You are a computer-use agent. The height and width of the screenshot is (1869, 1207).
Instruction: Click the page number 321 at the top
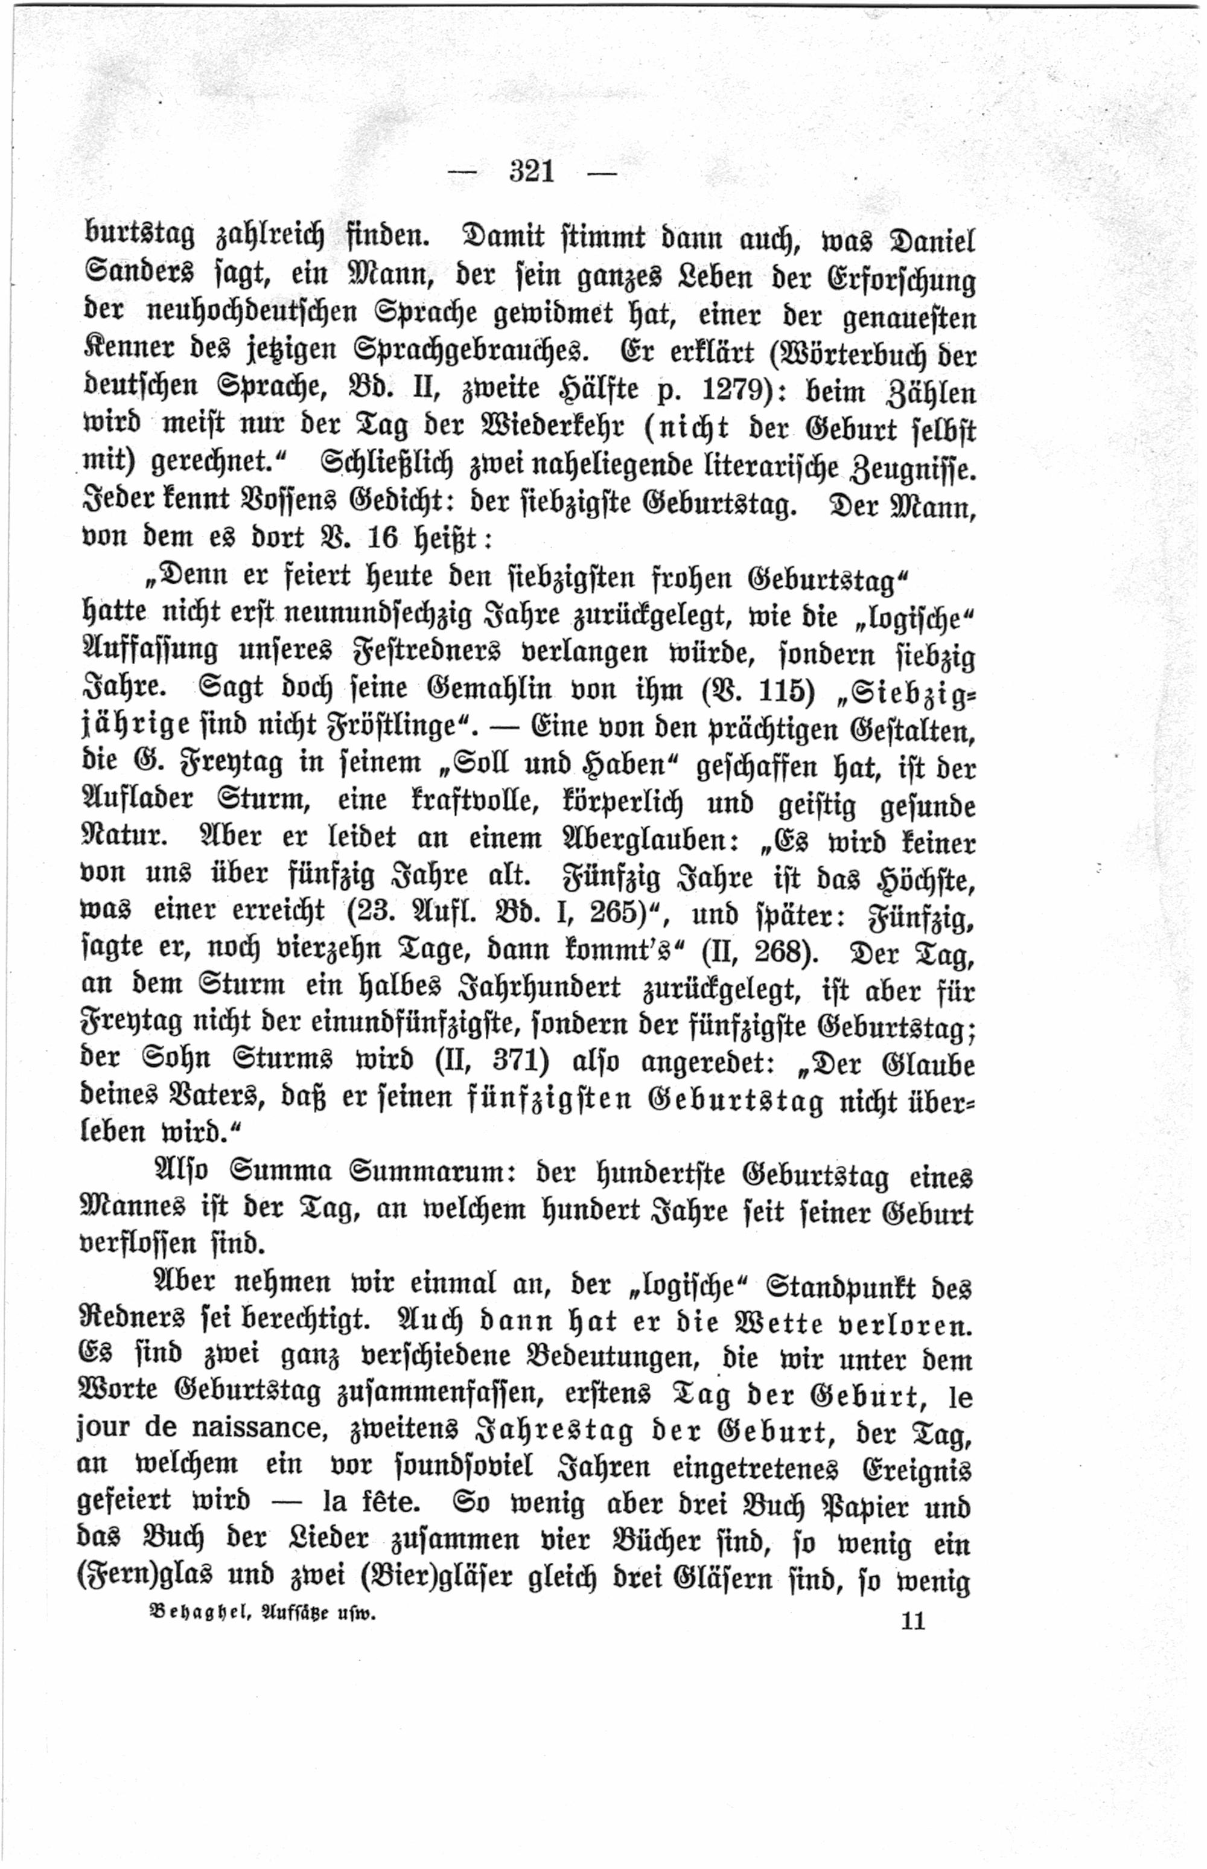point(532,171)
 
